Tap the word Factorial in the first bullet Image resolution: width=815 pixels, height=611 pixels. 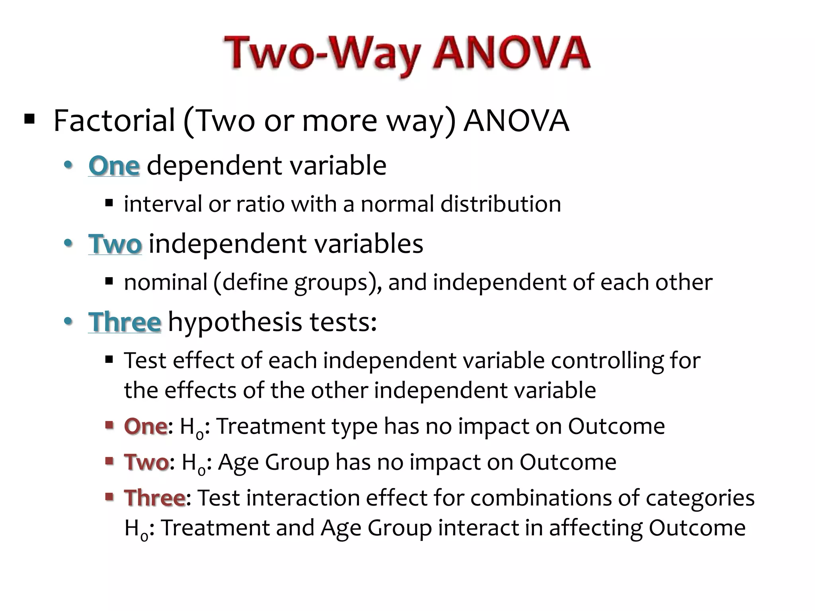pyautogui.click(x=114, y=121)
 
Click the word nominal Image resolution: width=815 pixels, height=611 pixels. pyautogui.click(x=166, y=282)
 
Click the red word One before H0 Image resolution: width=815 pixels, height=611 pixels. pyautogui.click(x=145, y=426)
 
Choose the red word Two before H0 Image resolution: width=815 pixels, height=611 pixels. pyautogui.click(x=146, y=462)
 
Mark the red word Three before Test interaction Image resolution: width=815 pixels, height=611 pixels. pyautogui.click(x=154, y=498)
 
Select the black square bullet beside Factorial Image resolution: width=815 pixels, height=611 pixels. pyautogui.click(x=29, y=119)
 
